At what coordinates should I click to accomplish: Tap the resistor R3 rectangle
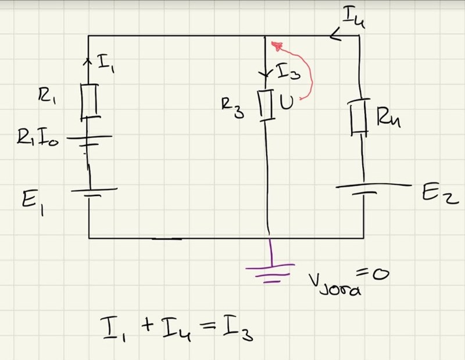coord(266,104)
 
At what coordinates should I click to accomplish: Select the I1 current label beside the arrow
coord(106,63)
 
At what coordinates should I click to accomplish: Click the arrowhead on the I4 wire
coord(335,35)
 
